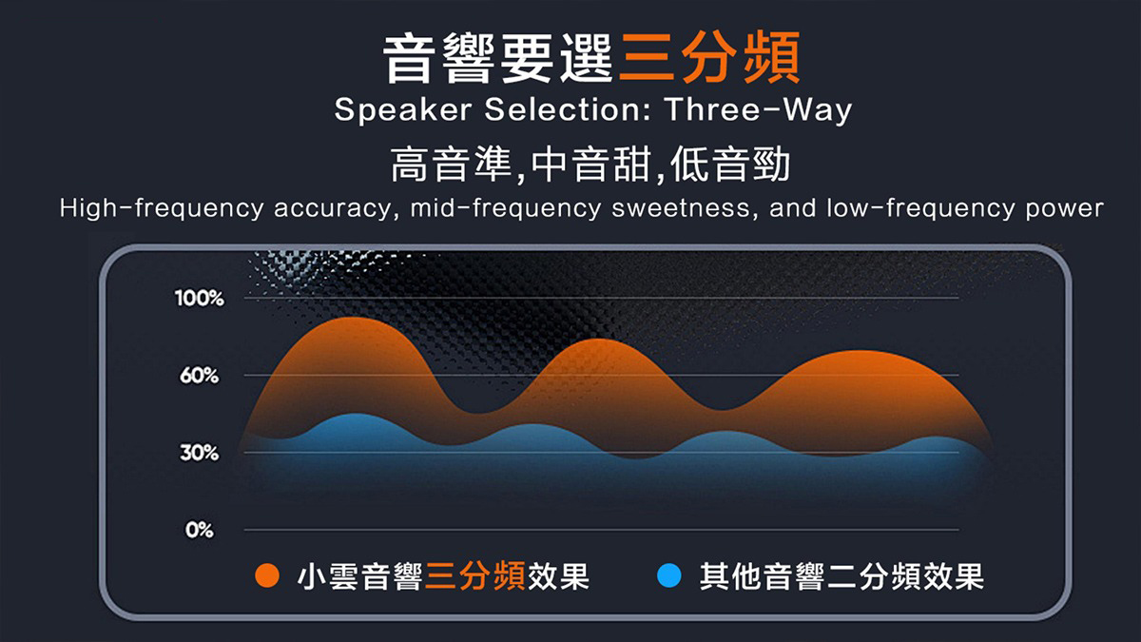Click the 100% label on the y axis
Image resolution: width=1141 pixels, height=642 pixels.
[199, 298]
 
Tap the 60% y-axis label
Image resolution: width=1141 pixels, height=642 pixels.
[199, 376]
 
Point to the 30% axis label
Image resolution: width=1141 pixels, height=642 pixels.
[199, 453]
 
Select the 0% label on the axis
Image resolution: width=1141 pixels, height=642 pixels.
[199, 530]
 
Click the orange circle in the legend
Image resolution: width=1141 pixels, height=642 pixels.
[267, 575]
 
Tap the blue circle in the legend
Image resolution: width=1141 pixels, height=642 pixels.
[669, 575]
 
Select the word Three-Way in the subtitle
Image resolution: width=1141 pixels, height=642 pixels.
[758, 110]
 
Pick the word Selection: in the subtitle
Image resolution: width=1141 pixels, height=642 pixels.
[568, 109]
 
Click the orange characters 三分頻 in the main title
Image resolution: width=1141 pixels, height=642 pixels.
[709, 57]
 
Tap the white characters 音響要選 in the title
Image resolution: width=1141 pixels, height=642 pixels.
[497, 58]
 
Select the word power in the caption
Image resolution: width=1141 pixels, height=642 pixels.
[1065, 209]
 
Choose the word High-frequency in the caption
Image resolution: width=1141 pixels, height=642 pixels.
[162, 209]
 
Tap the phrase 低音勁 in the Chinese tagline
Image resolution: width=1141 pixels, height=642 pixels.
[729, 164]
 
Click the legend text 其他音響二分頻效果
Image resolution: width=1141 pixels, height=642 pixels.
[841, 576]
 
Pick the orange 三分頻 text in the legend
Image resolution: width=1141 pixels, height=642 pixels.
[475, 576]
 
